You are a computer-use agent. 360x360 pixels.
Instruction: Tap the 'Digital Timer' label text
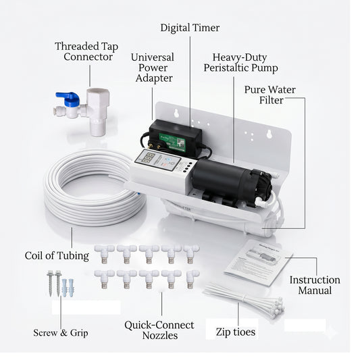[x=190, y=28]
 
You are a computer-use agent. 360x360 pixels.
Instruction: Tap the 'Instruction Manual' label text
[x=315, y=285]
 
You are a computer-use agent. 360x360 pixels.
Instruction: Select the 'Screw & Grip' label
[x=61, y=333]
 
